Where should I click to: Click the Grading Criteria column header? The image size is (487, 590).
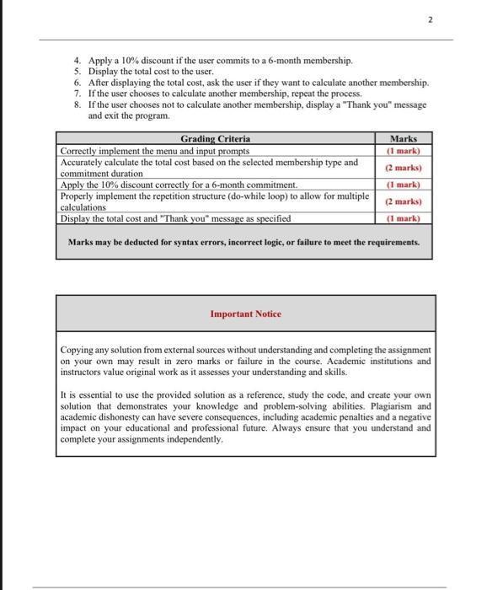[216, 139]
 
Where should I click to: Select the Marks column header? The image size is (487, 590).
[403, 139]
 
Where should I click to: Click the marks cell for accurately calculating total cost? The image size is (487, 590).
[403, 168]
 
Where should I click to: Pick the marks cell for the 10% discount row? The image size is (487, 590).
[403, 185]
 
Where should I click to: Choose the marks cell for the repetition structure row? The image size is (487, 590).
[403, 201]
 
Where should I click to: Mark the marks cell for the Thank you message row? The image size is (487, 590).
[403, 218]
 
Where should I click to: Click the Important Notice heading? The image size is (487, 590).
[246, 314]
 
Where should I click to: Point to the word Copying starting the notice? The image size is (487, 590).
[78, 349]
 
